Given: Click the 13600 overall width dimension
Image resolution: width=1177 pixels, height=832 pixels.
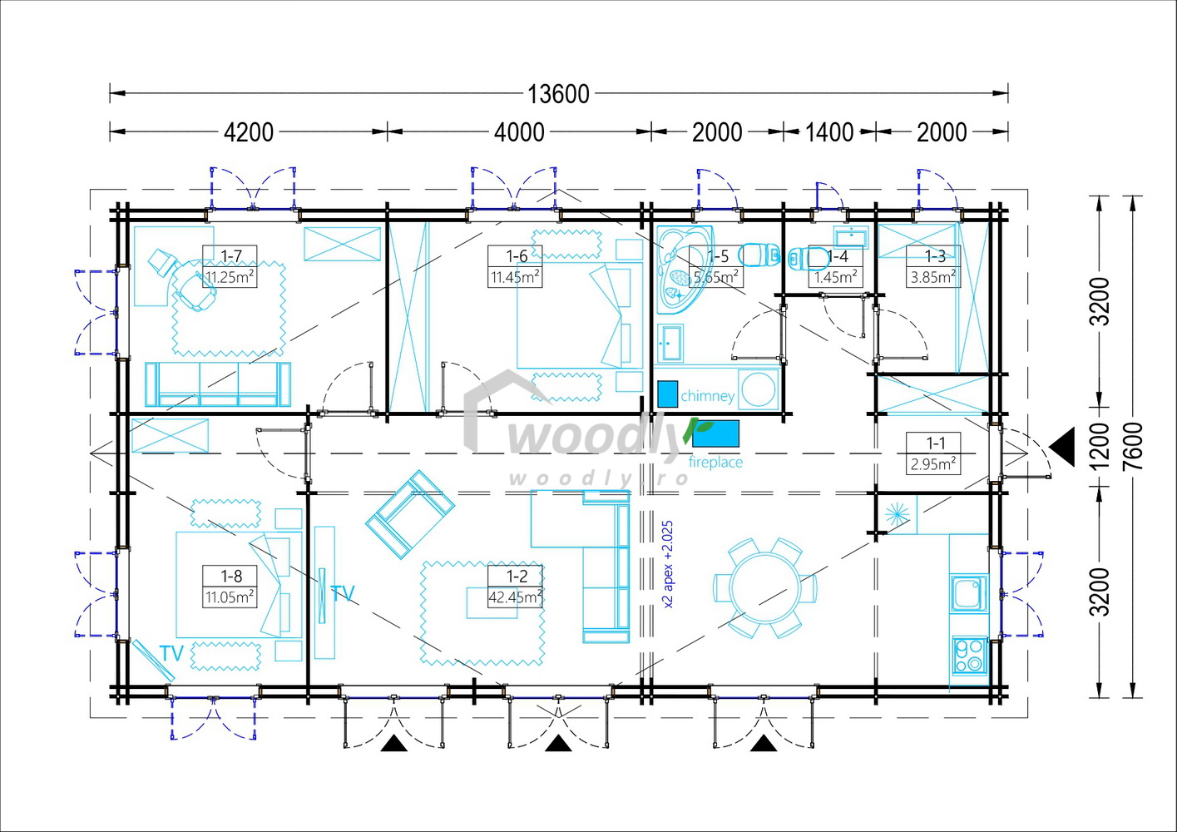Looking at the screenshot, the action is click(x=558, y=95).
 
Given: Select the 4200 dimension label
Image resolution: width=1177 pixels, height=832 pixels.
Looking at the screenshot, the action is click(x=249, y=132).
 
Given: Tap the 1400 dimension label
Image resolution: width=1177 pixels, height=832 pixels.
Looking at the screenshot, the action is click(x=829, y=132).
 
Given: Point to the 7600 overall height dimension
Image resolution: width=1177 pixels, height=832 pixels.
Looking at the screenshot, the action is click(x=1135, y=446).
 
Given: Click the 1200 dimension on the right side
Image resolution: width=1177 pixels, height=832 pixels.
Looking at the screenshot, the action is click(x=1100, y=446).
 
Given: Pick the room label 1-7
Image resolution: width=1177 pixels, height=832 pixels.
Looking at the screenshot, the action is click(x=230, y=256).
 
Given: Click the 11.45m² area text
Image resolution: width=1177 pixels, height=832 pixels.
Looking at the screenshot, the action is click(x=516, y=277).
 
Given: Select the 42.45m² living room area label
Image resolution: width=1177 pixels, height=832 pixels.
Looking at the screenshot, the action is click(x=516, y=597).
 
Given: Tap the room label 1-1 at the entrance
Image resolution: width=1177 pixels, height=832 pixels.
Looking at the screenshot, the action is click(x=935, y=443).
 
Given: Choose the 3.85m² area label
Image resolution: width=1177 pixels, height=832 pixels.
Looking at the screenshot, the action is click(x=933, y=277).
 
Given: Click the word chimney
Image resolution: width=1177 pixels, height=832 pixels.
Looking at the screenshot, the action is click(x=707, y=396).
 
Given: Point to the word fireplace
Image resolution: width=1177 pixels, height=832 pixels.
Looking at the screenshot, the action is click(x=715, y=462).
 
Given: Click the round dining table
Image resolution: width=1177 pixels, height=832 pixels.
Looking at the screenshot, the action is click(x=765, y=587).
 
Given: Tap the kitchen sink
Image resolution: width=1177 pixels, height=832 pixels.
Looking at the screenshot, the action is click(x=969, y=593).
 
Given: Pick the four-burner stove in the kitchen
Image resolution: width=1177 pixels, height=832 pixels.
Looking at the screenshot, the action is click(x=970, y=656).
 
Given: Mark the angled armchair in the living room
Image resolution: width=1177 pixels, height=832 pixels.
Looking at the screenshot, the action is click(x=410, y=514).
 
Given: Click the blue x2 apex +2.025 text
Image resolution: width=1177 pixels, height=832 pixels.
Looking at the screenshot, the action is click(x=668, y=564).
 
